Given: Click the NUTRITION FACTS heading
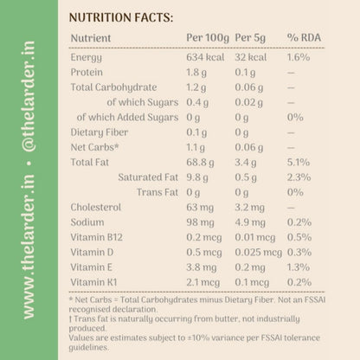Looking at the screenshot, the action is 121,17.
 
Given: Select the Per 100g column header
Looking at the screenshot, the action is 208,38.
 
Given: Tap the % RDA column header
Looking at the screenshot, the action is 304,37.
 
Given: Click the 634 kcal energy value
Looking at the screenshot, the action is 205,57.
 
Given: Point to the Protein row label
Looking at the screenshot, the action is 87,72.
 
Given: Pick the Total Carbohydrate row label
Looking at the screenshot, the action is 113,87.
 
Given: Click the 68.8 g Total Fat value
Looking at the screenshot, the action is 200,163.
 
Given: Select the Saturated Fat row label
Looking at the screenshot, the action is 148,177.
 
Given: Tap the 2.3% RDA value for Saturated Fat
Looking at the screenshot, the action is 299,177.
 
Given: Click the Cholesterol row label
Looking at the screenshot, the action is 96,207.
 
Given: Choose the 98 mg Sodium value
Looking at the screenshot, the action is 200,222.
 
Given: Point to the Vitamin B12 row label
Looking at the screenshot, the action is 97,237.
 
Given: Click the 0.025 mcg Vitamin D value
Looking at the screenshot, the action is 258,253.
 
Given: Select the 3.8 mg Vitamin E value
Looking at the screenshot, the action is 202,267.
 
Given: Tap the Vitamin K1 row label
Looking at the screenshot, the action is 93,282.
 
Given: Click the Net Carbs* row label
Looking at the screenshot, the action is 94,147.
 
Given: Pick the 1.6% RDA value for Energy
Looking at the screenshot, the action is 299,57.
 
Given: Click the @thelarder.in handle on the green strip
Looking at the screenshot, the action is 29,96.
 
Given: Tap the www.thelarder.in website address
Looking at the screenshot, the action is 29,247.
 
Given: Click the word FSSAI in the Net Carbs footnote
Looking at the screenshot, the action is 314,299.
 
